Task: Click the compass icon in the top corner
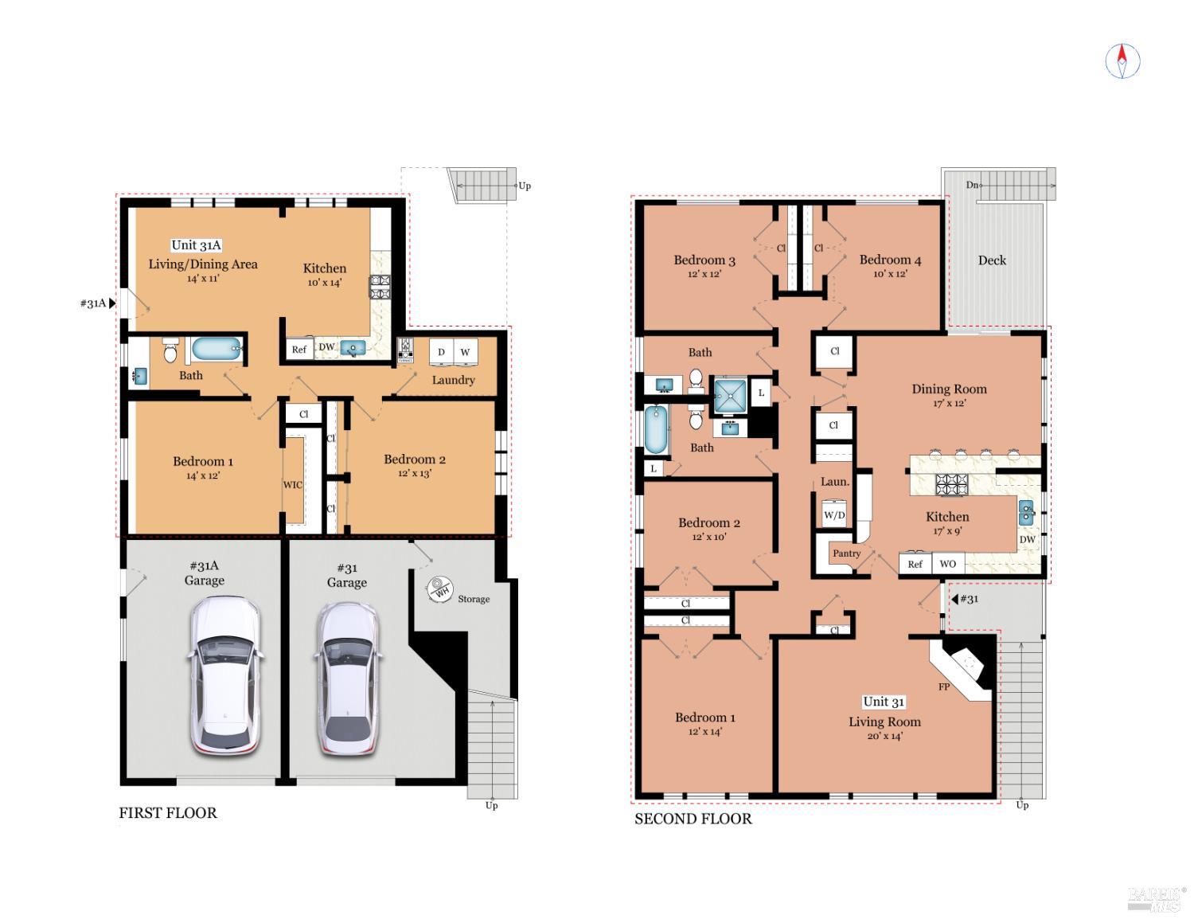click(x=1122, y=61)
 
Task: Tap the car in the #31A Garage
click(x=224, y=676)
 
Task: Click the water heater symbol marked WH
click(x=439, y=589)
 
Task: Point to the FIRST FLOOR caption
click(x=168, y=813)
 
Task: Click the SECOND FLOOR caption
click(x=693, y=819)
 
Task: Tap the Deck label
click(x=992, y=260)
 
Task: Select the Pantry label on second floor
click(x=846, y=553)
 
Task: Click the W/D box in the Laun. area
click(x=834, y=514)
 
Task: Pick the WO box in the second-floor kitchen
click(x=947, y=564)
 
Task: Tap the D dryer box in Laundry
click(x=441, y=352)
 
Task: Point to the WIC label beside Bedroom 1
click(x=292, y=485)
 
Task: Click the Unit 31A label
click(x=196, y=245)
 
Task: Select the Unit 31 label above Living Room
click(x=884, y=702)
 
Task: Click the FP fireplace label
click(x=943, y=686)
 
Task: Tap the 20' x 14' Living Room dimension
click(x=884, y=737)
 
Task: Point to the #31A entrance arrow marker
click(x=112, y=303)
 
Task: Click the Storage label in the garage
click(x=474, y=599)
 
